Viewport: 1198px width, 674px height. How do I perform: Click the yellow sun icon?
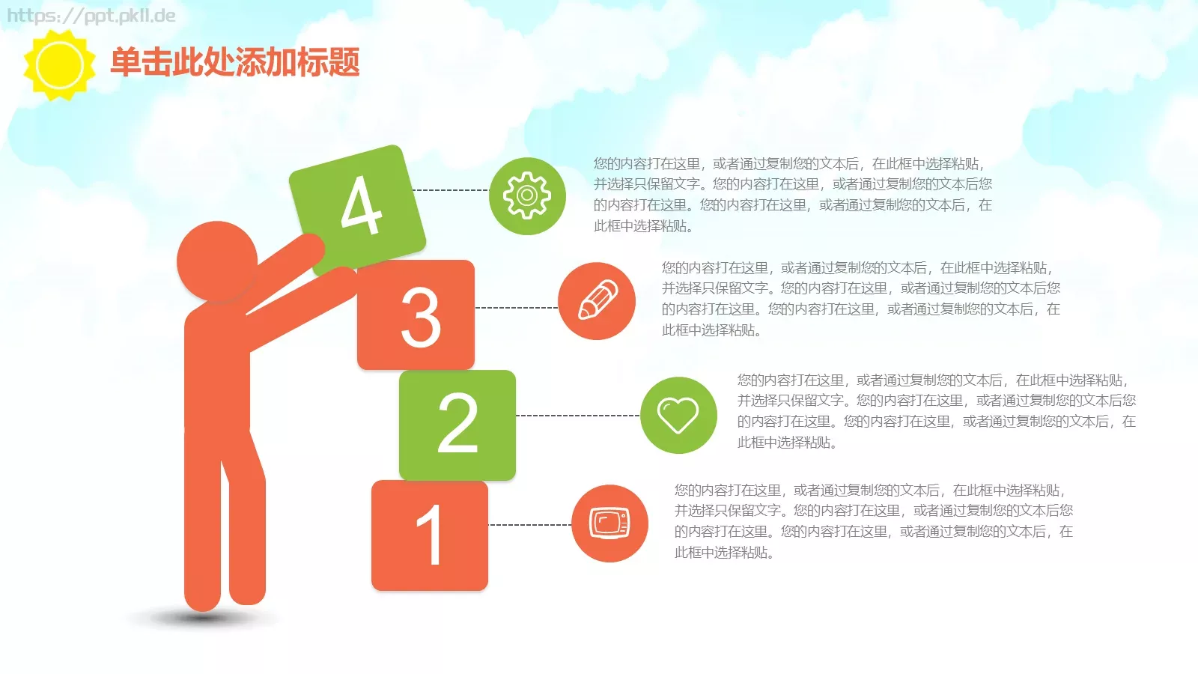click(59, 65)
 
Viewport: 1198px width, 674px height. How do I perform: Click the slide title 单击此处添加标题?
click(235, 61)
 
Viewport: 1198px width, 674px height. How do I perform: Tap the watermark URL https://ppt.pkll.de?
click(91, 16)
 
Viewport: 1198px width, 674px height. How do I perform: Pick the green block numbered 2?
click(457, 424)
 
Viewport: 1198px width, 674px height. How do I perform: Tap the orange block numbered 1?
click(430, 535)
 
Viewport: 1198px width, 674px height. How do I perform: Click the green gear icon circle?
click(527, 196)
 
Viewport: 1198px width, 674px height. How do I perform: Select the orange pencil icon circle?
click(597, 301)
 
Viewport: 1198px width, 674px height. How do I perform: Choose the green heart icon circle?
click(678, 415)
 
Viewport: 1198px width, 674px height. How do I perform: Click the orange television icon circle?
click(609, 523)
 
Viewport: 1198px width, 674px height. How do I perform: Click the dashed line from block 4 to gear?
click(451, 190)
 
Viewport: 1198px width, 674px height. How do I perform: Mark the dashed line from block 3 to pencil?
click(516, 308)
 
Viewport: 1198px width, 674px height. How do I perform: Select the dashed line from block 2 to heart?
click(577, 415)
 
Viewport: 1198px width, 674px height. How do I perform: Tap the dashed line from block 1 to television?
click(529, 525)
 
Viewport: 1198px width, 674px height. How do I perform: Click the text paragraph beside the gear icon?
click(792, 195)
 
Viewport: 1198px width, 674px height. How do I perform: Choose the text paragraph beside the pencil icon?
click(860, 299)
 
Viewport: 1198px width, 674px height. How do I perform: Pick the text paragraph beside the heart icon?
click(936, 411)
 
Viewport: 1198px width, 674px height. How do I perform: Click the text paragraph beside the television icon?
click(873, 521)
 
